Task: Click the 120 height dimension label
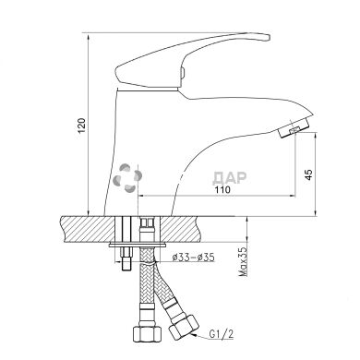[81, 126]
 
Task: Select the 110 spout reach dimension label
[222, 189]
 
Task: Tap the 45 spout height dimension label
[308, 174]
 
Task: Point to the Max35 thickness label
[244, 261]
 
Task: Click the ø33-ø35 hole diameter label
[193, 258]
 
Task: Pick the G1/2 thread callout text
[221, 333]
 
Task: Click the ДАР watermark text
[230, 178]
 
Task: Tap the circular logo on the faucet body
[127, 177]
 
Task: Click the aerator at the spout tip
[294, 127]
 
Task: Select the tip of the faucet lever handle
[269, 38]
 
